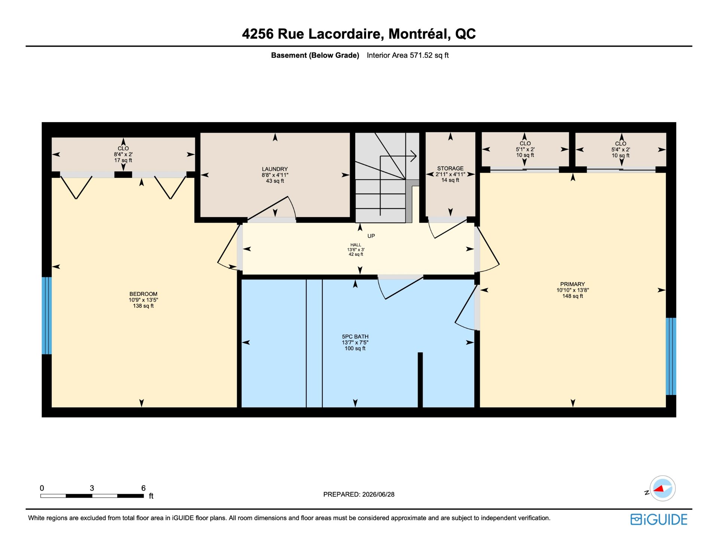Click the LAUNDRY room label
tap(275, 169)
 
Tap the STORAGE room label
tap(450, 168)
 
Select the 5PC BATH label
tap(355, 337)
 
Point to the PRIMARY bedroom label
tap(573, 284)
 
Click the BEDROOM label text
tap(143, 294)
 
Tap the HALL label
tap(356, 245)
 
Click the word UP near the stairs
tap(371, 236)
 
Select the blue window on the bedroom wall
tap(47, 316)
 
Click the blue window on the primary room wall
tap(671, 356)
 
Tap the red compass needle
tap(659, 489)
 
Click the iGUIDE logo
tap(659, 520)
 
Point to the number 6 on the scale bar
tap(143, 488)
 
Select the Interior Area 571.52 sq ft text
tap(408, 55)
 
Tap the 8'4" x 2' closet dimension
tap(123, 154)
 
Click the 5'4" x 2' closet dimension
tap(621, 149)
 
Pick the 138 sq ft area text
tap(143, 306)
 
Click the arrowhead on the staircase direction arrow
tap(414, 156)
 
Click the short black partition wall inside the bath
tap(420, 380)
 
